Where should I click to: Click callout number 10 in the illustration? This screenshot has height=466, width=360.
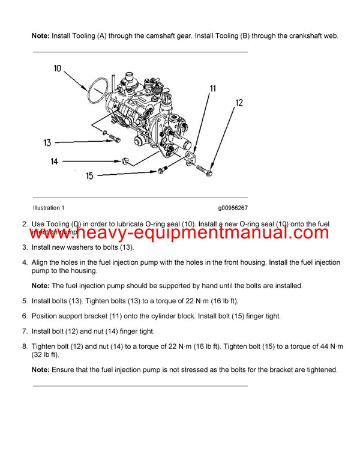[58, 68]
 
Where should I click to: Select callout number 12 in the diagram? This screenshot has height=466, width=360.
[239, 103]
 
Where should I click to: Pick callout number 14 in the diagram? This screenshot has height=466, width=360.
[54, 161]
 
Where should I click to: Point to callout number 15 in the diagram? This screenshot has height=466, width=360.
[90, 176]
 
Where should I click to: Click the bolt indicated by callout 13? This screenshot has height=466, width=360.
[113, 140]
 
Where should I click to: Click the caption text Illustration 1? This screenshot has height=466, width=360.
[49, 208]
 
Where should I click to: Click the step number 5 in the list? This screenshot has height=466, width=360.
[25, 300]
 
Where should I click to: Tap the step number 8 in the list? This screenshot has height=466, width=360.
[25, 346]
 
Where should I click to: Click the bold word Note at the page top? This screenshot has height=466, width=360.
[41, 36]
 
